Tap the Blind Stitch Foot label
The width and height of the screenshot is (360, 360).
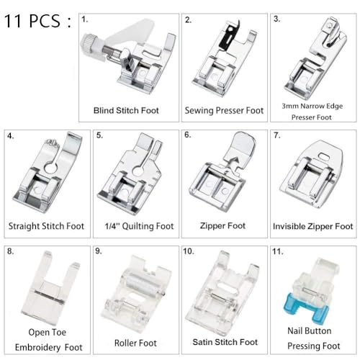coord(126,111)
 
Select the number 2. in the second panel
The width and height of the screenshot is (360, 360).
coord(189,20)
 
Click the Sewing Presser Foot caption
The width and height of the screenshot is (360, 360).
coord(224,111)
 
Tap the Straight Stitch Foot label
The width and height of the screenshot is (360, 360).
coord(46,226)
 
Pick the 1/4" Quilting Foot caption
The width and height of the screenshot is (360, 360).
coord(135,226)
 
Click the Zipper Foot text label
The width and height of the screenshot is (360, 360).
coord(224,226)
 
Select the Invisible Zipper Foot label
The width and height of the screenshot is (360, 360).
coord(312,226)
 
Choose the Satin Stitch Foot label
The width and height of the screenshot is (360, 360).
coord(224,342)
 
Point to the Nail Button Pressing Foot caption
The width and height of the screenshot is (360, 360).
coord(312,338)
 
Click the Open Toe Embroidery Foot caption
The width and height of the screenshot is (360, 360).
coord(45,338)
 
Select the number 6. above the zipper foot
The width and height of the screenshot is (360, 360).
coord(188,135)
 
